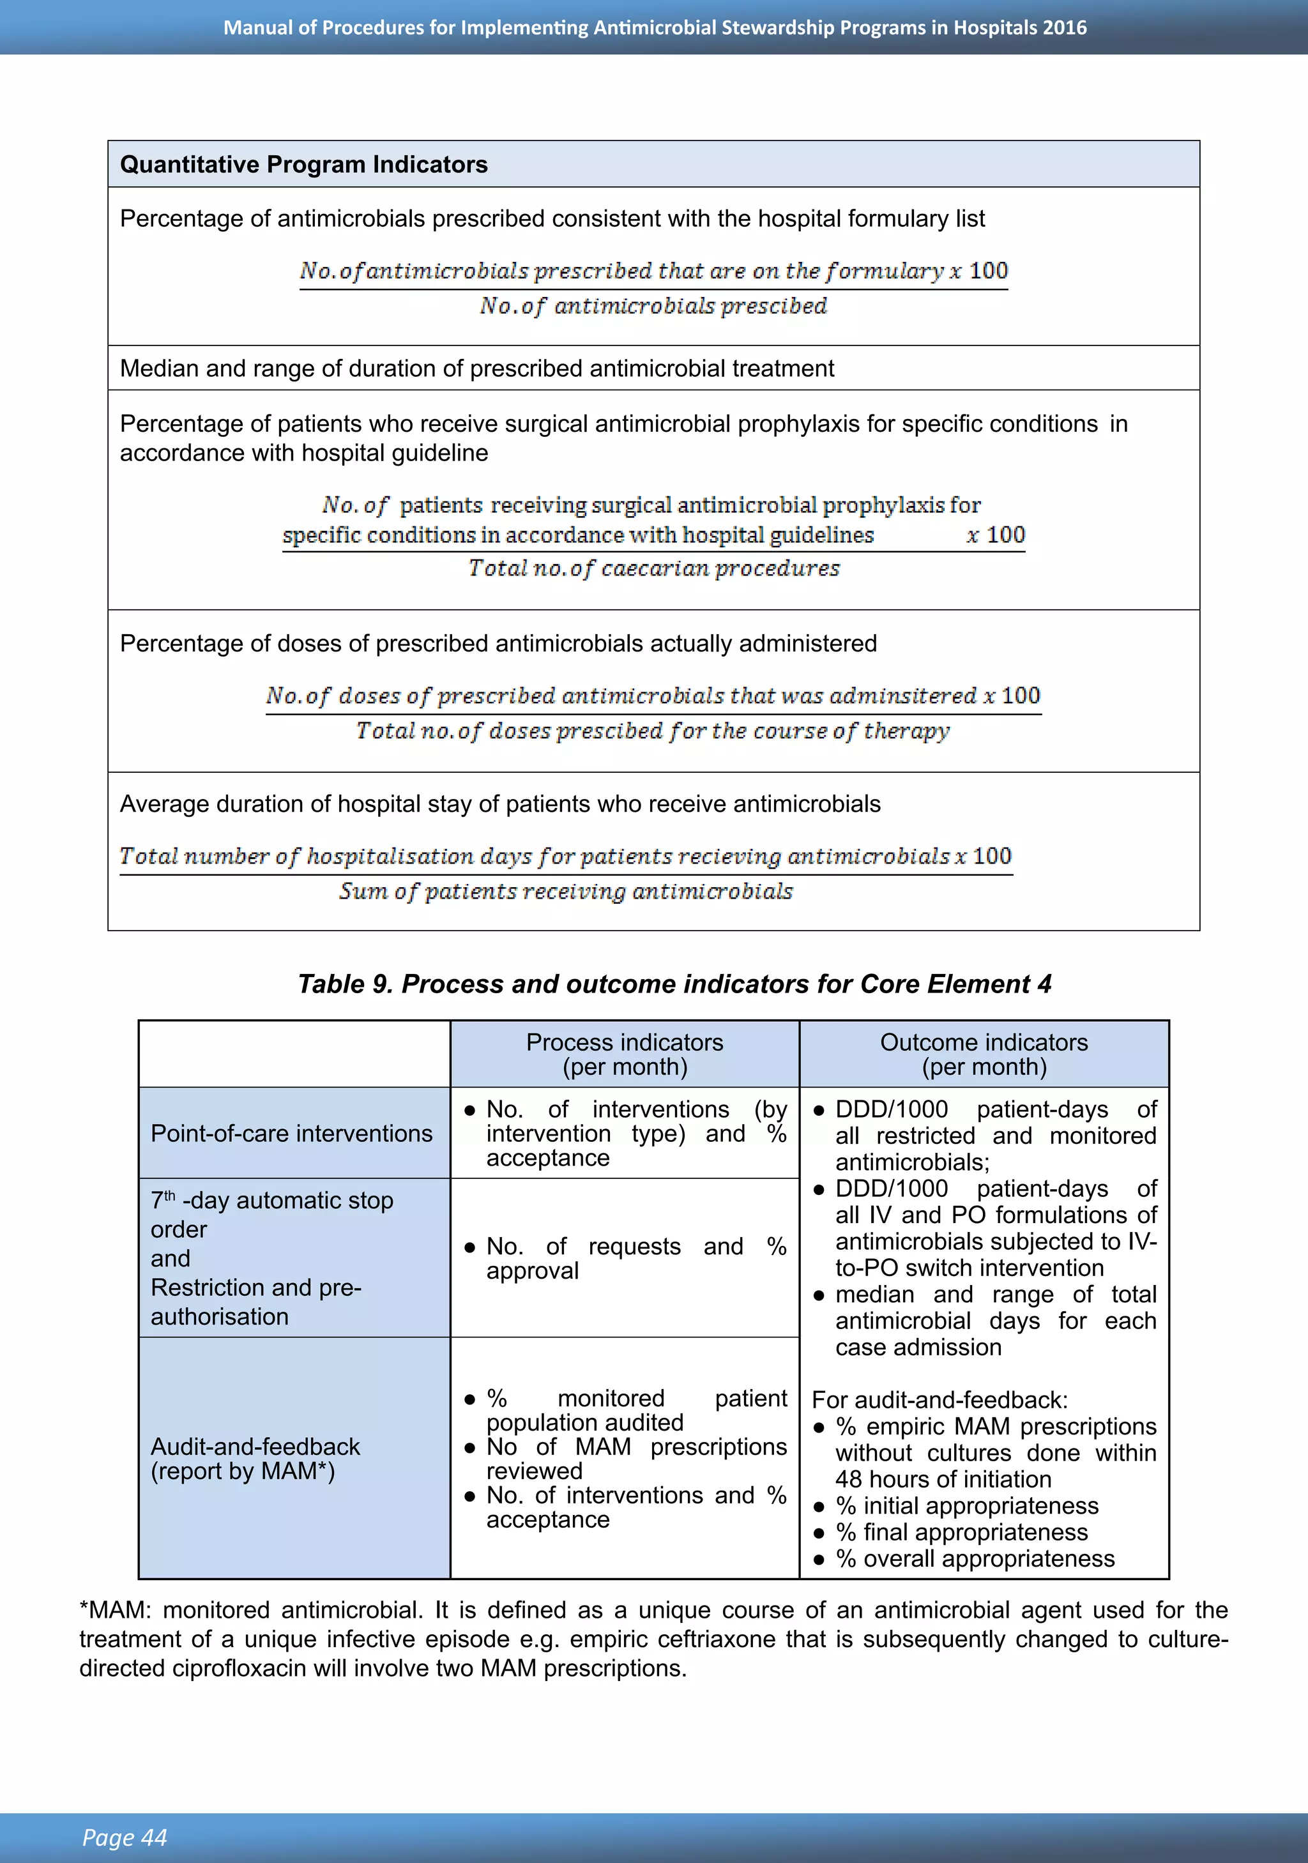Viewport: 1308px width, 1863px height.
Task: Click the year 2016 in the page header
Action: [1065, 27]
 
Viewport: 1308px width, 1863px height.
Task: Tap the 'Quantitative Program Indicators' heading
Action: [303, 165]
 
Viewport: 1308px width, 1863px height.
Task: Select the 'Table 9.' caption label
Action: [346, 984]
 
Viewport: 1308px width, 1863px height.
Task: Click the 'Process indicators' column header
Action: [624, 1043]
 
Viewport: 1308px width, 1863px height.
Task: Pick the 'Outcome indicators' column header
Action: [984, 1043]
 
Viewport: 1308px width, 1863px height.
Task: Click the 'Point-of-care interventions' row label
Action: [291, 1134]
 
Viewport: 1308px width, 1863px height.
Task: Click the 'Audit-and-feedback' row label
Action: [255, 1447]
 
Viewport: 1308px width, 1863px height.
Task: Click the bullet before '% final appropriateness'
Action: [819, 1533]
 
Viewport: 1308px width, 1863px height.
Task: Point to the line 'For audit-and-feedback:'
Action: [939, 1401]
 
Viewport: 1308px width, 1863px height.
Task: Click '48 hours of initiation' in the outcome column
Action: [943, 1480]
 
